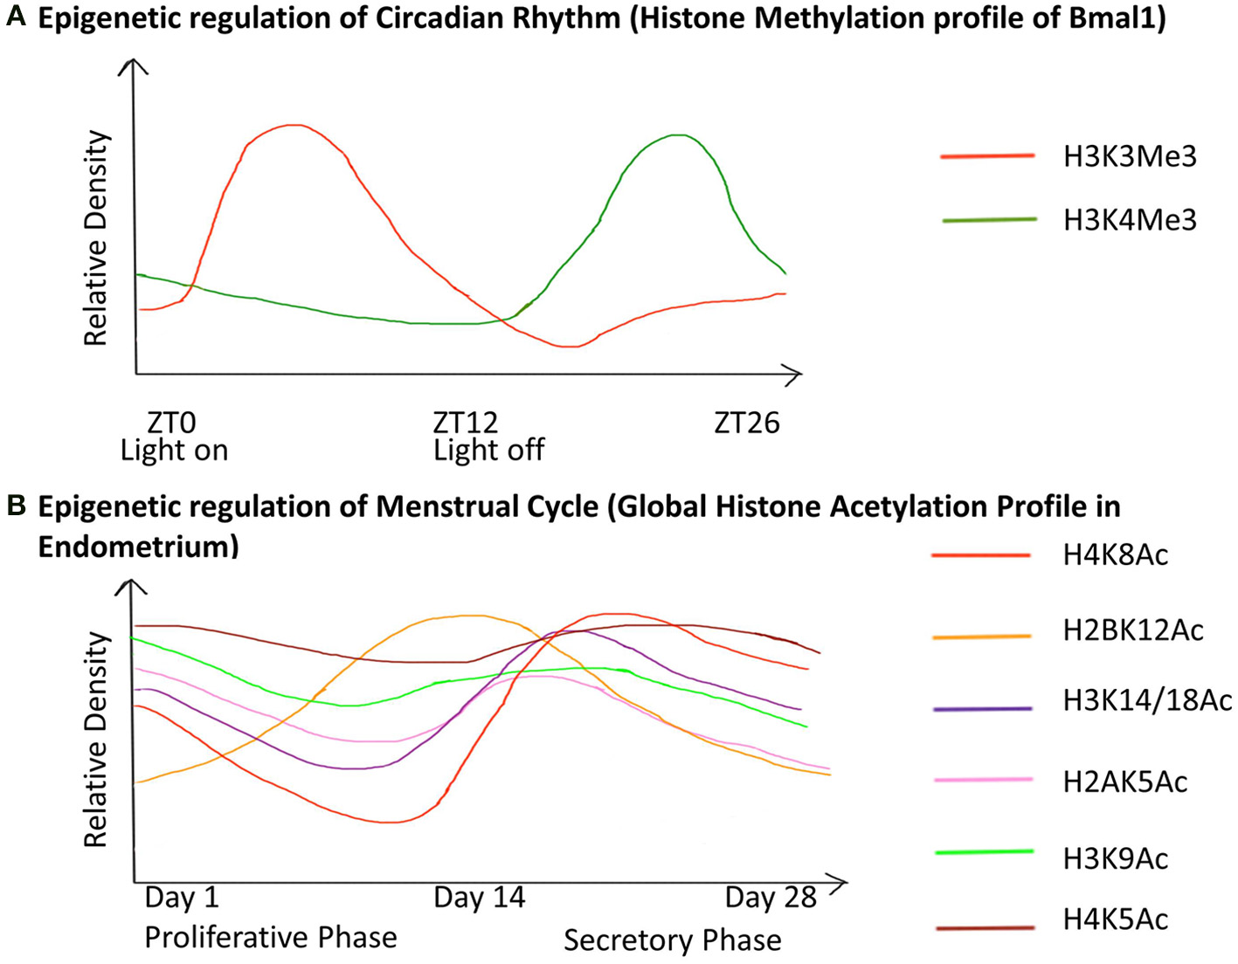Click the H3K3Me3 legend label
coord(1129,157)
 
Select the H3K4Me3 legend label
coord(1129,220)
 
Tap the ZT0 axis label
coord(171,423)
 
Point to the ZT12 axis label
coord(466,423)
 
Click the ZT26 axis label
coord(747,423)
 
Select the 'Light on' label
coord(174,451)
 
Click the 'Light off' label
coord(488,451)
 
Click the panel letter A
coord(16,18)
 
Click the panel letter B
coord(16,506)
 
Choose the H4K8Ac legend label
coord(1115,555)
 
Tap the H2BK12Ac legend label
coord(1132,630)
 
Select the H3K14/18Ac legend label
coord(1146,700)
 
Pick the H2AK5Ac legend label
coord(1124,782)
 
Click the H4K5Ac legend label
coord(1115,919)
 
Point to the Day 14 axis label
coord(479,898)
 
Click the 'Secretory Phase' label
coord(672,940)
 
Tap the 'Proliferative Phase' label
coord(270,938)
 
